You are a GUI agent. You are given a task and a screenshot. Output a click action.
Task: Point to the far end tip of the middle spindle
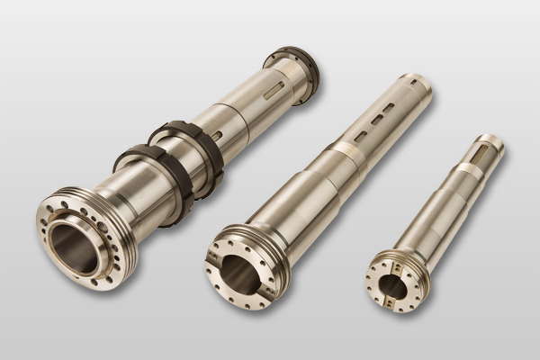416,85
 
